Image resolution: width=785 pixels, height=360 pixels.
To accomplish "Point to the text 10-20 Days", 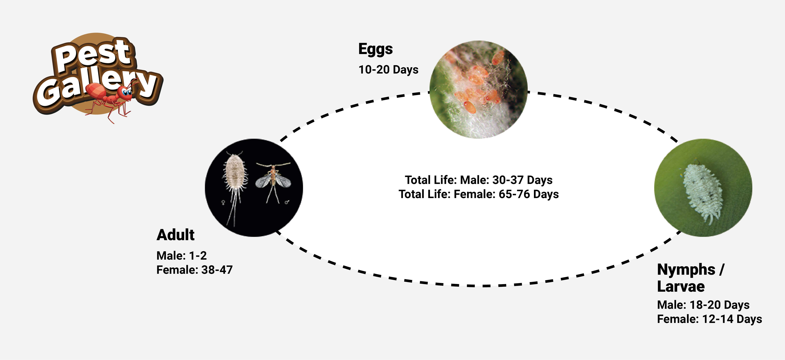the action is point(388,69).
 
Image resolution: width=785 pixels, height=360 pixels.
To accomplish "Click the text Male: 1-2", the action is point(182,255).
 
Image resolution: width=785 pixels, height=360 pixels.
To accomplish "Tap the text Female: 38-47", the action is point(194,270).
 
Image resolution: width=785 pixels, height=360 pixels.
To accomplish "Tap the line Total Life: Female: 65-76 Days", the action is point(478,194).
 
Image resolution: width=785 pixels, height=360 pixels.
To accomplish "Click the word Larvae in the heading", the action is point(681,286).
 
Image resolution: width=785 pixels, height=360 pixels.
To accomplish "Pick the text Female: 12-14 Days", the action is point(709,319).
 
